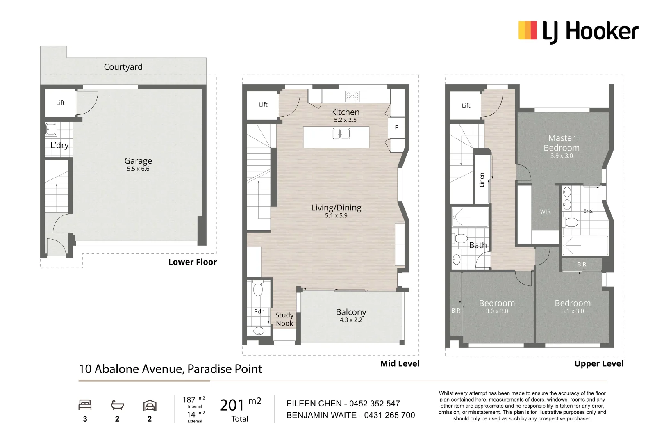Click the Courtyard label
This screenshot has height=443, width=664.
(x=123, y=67)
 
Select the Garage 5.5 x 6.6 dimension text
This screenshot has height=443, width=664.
(x=138, y=169)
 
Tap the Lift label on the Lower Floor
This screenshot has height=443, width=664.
(x=60, y=103)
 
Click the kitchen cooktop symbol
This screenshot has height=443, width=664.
(x=352, y=96)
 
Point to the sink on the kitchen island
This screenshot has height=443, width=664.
(x=341, y=134)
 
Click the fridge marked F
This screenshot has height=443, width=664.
(x=396, y=127)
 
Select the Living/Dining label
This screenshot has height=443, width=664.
(x=336, y=208)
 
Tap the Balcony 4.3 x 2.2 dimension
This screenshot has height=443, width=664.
(x=351, y=320)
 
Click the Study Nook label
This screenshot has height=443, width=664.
(x=284, y=319)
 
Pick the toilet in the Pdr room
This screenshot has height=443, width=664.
(x=258, y=289)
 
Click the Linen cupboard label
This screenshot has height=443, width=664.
(x=482, y=180)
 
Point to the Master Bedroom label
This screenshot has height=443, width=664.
(x=562, y=143)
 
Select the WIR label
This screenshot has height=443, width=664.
(x=545, y=212)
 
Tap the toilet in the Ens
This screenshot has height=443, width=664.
(x=571, y=222)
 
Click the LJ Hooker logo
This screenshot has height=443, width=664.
(x=578, y=32)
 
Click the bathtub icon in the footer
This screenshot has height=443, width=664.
(x=117, y=405)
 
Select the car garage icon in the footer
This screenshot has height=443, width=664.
(x=150, y=405)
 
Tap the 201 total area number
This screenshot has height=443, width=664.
(x=232, y=405)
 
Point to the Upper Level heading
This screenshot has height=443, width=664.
(x=598, y=364)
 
